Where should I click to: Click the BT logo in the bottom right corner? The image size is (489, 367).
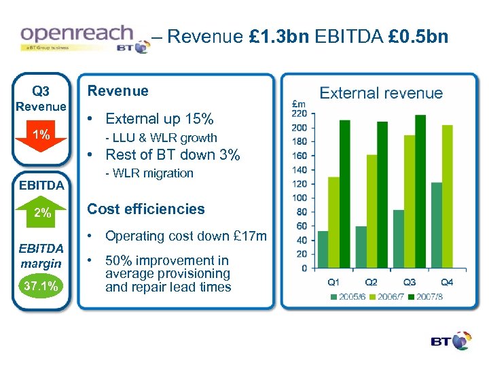(450, 342)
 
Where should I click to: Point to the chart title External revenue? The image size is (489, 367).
(380, 93)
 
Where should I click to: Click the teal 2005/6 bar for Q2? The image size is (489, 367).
(361, 247)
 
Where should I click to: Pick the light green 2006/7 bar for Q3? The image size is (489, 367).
(410, 201)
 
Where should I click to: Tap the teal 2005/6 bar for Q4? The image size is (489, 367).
(437, 225)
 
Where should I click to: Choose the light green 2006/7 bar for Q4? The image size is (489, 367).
(447, 196)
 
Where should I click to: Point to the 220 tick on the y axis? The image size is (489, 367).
(298, 113)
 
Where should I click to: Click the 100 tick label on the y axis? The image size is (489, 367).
(298, 198)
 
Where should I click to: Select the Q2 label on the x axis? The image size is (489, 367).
(372, 281)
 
